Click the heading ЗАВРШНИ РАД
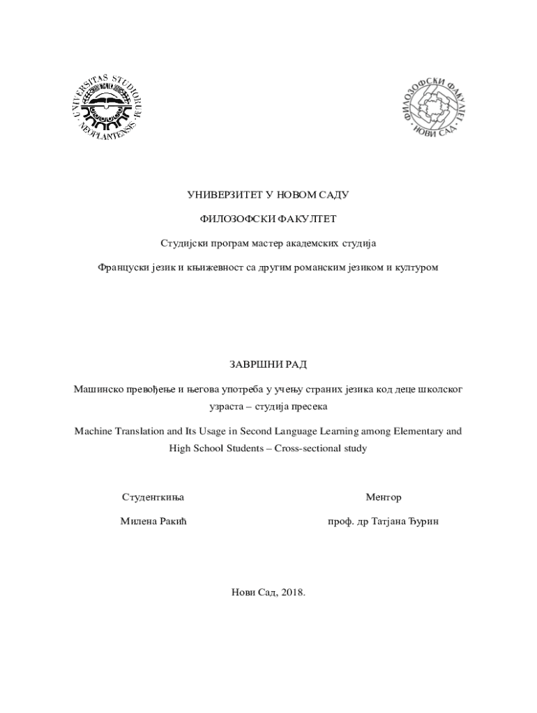point(268,364)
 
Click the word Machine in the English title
point(93,432)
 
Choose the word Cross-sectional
point(308,448)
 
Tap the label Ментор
point(384,498)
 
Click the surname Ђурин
point(422,522)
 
